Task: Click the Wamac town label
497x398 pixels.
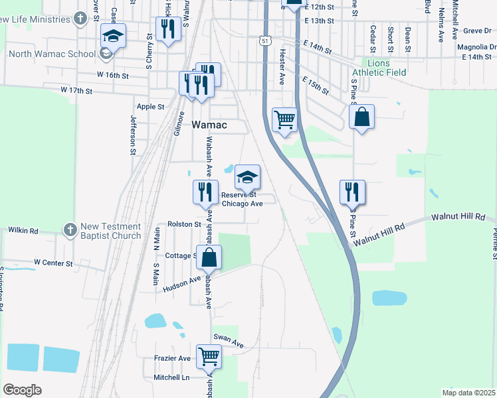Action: [209, 125]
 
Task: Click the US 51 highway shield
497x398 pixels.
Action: [265, 41]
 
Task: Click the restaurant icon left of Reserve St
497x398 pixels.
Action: [205, 192]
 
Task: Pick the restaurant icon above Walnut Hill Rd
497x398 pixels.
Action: [352, 192]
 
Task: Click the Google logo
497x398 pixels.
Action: [22, 390]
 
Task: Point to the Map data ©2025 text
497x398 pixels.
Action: [468, 392]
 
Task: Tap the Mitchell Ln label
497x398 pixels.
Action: [172, 377]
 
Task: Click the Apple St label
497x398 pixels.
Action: [150, 106]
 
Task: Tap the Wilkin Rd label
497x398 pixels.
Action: [23, 230]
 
